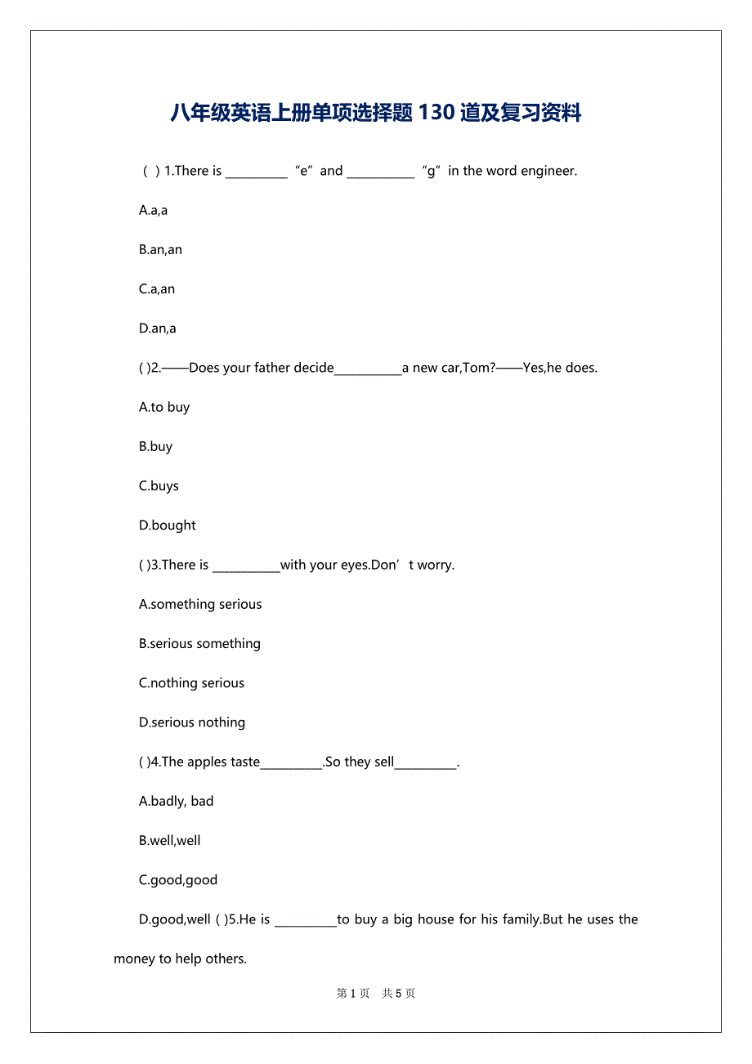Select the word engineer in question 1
tap(548, 171)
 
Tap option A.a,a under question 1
tap(153, 210)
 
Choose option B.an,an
tap(160, 249)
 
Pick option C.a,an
tap(157, 288)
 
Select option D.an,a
tap(157, 329)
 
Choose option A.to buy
tap(164, 407)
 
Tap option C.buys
tap(159, 485)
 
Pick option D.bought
tap(168, 525)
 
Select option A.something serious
tap(200, 604)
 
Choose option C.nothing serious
tap(191, 683)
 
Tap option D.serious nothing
tap(192, 722)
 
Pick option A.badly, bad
tap(176, 801)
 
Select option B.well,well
tap(169, 840)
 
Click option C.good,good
tap(178, 880)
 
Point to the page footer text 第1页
tap(353, 994)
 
